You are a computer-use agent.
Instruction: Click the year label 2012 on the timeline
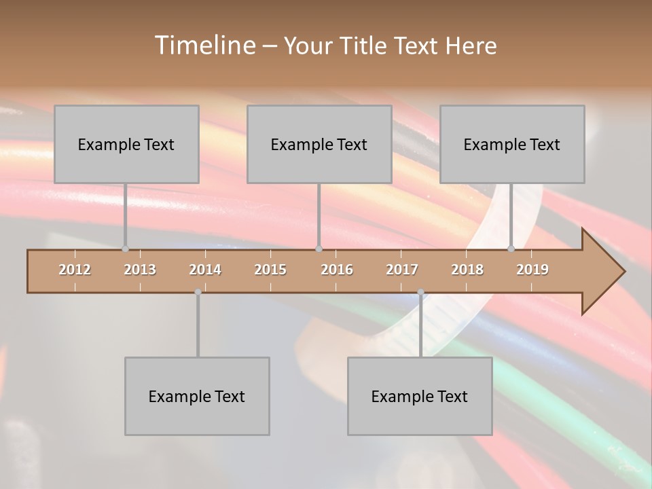[x=75, y=270]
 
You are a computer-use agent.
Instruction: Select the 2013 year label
[x=140, y=270]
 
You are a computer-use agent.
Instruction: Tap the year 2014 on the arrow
[x=205, y=270]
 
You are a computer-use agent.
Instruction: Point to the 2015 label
[x=270, y=270]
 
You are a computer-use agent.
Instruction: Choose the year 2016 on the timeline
[x=337, y=270]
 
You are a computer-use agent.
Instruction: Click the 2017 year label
[x=402, y=270]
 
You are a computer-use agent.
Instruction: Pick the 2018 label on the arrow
[x=467, y=270]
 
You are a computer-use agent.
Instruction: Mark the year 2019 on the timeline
[x=532, y=270]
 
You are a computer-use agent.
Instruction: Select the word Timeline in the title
[x=204, y=46]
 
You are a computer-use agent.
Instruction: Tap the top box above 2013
[x=126, y=144]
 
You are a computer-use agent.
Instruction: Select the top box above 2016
[x=319, y=144]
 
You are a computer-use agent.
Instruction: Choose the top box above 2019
[x=512, y=144]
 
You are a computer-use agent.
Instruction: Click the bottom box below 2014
[x=197, y=396]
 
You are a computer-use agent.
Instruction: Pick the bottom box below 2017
[x=420, y=396]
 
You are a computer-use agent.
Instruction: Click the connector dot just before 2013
[x=125, y=249]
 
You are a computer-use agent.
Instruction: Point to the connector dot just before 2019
[x=511, y=249]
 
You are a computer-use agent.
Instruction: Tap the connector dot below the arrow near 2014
[x=198, y=292]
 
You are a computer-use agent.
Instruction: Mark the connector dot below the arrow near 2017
[x=420, y=292]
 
